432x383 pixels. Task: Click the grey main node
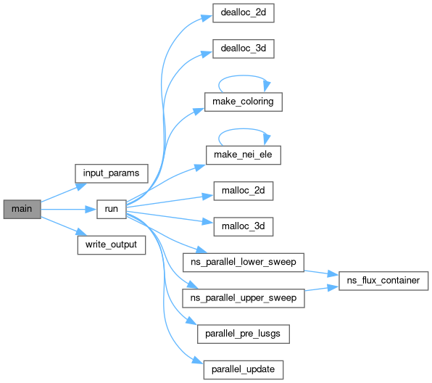pyautogui.click(x=22, y=210)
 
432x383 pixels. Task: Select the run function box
pyautogui.click(x=112, y=210)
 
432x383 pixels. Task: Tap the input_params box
pyautogui.click(x=112, y=173)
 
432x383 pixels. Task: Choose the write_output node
pyautogui.click(x=112, y=245)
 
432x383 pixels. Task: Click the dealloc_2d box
pyautogui.click(x=244, y=13)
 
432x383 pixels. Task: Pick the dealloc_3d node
pyautogui.click(x=244, y=49)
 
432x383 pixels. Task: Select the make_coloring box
pyautogui.click(x=244, y=102)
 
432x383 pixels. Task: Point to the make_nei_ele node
pyautogui.click(x=244, y=155)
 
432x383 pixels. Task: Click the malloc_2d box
pyautogui.click(x=244, y=191)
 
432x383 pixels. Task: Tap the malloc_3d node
pyautogui.click(x=244, y=226)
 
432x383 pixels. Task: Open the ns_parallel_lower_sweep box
pyautogui.click(x=244, y=263)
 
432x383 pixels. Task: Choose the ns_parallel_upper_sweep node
pyautogui.click(x=244, y=298)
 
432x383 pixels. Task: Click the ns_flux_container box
pyautogui.click(x=383, y=281)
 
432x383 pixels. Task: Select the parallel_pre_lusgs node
pyautogui.click(x=244, y=334)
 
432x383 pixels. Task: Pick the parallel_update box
pyautogui.click(x=244, y=370)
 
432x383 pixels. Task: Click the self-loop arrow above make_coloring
pyautogui.click(x=242, y=75)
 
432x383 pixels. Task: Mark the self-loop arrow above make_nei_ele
pyautogui.click(x=242, y=129)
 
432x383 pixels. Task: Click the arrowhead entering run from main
pyautogui.click(x=91, y=210)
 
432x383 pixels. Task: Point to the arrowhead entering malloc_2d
pyautogui.click(x=208, y=196)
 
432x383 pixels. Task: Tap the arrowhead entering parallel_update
pyautogui.click(x=198, y=360)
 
